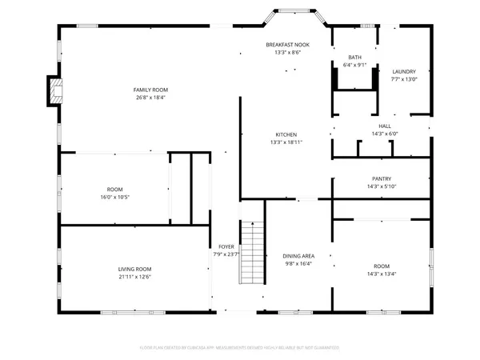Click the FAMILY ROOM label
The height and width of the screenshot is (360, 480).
click(x=150, y=90)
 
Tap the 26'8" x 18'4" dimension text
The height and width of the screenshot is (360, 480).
click(x=150, y=98)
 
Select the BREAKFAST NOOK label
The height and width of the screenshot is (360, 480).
click(x=287, y=45)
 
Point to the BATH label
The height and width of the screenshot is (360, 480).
click(x=354, y=57)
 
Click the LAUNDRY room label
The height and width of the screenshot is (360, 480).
click(x=404, y=71)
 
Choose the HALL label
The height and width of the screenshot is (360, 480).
click(x=385, y=126)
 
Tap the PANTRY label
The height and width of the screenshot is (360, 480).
click(x=382, y=178)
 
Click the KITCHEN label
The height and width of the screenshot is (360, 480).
click(x=286, y=134)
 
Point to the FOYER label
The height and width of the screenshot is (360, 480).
click(x=226, y=246)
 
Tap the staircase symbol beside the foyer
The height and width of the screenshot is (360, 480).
click(x=252, y=251)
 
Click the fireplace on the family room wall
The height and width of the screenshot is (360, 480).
click(x=53, y=91)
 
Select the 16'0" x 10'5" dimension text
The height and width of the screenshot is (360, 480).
click(x=115, y=197)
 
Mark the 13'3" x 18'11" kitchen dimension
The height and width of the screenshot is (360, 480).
click(x=286, y=142)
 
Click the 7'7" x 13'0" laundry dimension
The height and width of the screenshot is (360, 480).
click(x=404, y=79)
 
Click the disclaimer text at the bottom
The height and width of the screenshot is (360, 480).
click(x=240, y=348)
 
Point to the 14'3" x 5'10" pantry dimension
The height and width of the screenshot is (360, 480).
click(x=382, y=186)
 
